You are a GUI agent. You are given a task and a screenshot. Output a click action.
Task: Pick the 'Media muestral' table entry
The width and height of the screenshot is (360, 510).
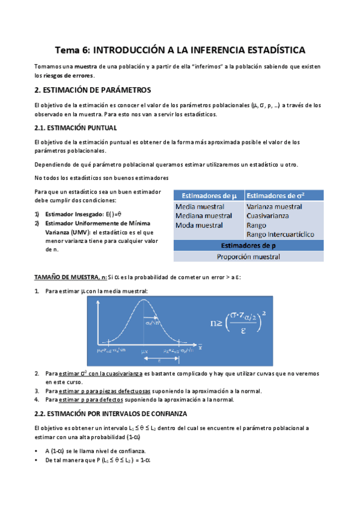click(x=200, y=206)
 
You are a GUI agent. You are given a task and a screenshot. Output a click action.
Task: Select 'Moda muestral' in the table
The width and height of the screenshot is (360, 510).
click(x=199, y=225)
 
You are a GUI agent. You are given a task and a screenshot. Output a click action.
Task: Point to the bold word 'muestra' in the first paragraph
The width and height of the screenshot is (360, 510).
click(x=84, y=66)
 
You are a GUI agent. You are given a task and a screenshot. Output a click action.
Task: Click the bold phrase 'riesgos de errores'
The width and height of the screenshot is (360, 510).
click(x=71, y=76)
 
